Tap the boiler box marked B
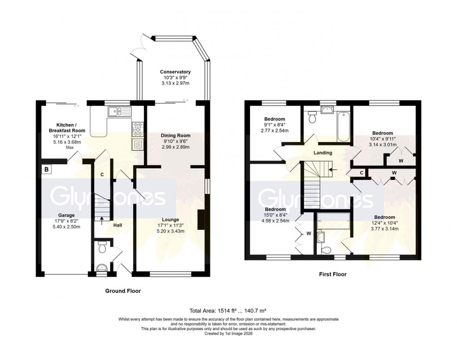point(46,169)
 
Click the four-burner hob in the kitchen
point(138,129)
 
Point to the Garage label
point(66,215)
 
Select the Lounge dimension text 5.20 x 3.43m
point(168,231)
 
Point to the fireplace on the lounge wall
point(201,221)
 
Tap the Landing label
point(323,153)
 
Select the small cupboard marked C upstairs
point(361,172)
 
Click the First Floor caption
point(332,274)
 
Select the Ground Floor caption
point(123,291)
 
